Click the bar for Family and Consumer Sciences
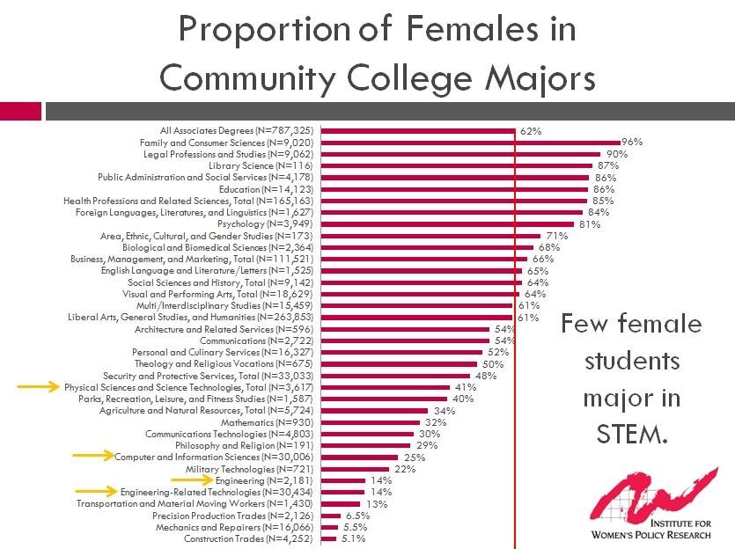471,143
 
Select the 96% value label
632,142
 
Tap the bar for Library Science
457,165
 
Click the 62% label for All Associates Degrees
530,131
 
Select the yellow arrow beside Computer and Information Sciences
93,456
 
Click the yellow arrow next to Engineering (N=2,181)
194,480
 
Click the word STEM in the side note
631,433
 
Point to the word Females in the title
481,29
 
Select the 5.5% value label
355,527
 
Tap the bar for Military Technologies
356,469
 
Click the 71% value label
556,236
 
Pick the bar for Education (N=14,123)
455,189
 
